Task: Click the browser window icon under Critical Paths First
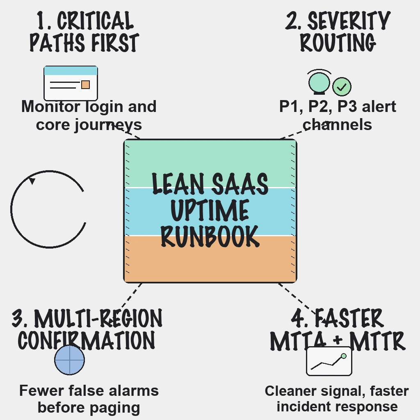pyautogui.click(x=71, y=83)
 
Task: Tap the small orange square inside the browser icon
pyautogui.click(x=85, y=84)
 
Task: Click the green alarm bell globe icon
pyautogui.click(x=319, y=82)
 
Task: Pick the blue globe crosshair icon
pyautogui.click(x=70, y=360)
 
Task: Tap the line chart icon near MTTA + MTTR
pyautogui.click(x=329, y=361)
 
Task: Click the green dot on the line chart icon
pyautogui.click(x=344, y=356)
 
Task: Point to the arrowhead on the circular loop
pyautogui.click(x=32, y=180)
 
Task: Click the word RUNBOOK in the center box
pyautogui.click(x=210, y=236)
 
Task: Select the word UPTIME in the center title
pyautogui.click(x=210, y=210)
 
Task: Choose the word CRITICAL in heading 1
pyautogui.click(x=95, y=21)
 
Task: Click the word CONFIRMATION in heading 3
pyautogui.click(x=87, y=340)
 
